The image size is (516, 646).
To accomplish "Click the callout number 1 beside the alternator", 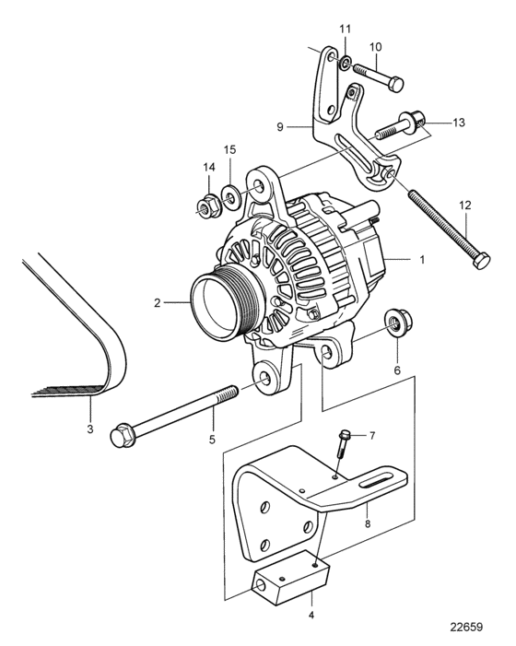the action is click(422, 260).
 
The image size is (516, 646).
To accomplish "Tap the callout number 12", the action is click(465, 206).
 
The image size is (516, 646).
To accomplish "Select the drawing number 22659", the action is click(465, 627).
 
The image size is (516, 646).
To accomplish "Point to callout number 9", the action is click(280, 126).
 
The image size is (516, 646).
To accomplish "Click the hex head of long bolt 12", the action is click(482, 261).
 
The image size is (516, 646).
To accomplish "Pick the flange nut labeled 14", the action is click(209, 206).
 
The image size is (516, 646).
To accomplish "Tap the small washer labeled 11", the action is click(346, 63).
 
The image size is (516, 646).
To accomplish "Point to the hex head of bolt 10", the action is click(395, 85).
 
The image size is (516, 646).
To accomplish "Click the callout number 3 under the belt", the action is click(89, 429).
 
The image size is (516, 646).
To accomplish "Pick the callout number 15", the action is click(229, 150).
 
